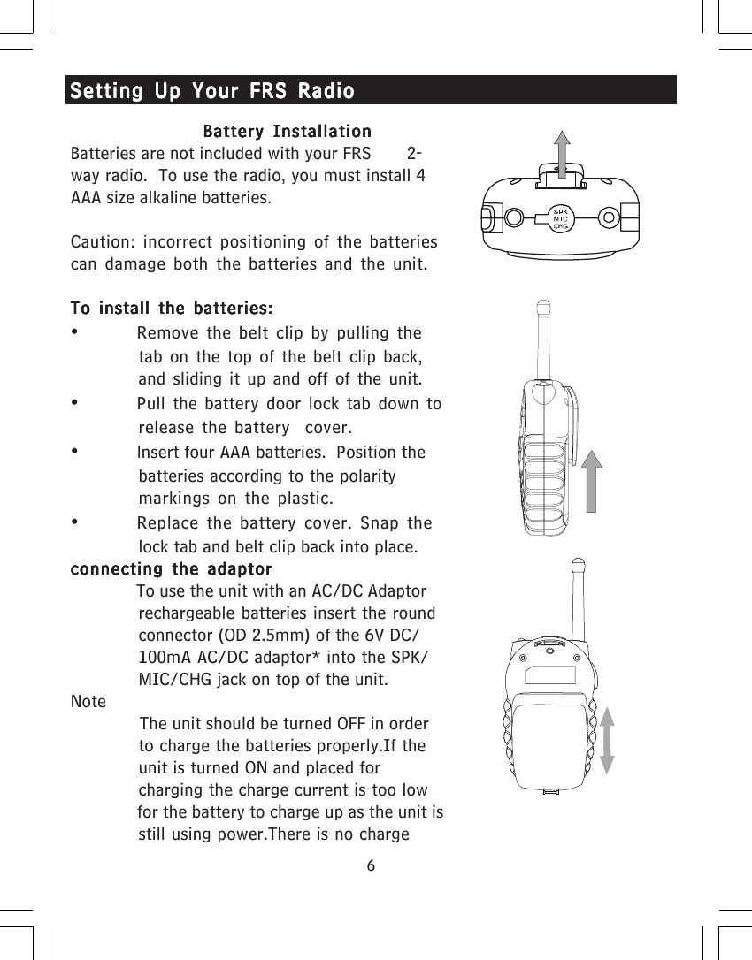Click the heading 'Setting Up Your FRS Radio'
point(212,91)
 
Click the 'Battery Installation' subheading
point(287,133)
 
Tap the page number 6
point(372,865)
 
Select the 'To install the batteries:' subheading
point(171,309)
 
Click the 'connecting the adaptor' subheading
point(171,568)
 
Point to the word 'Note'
point(88,702)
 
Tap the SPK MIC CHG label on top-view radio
point(560,218)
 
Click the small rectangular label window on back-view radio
point(549,676)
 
